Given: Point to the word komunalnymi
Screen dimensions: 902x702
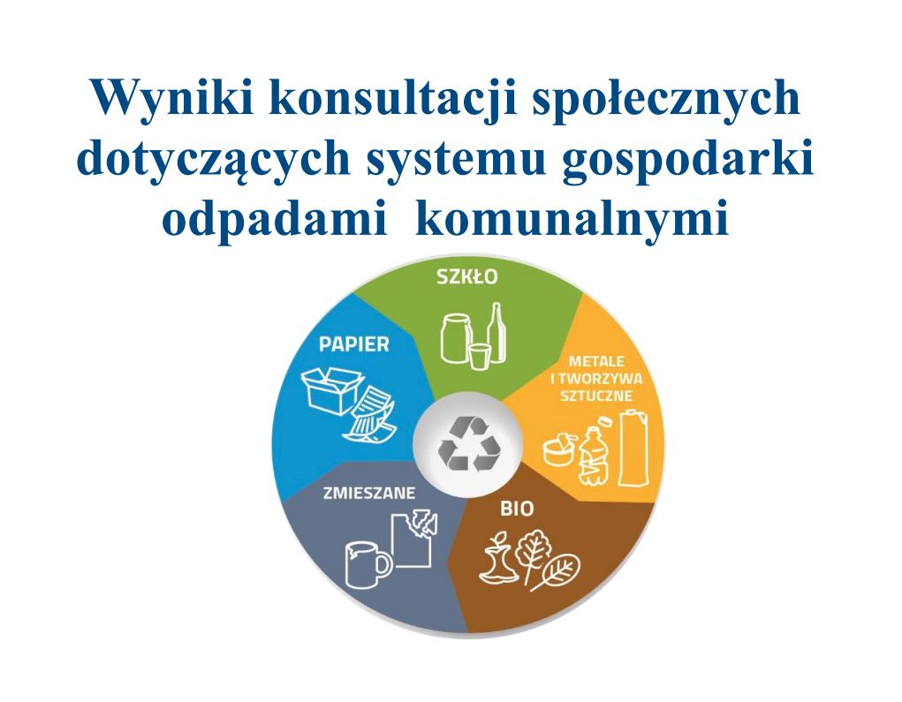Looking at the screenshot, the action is [572, 219].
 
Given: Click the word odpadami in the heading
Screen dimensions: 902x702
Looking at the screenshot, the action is [275, 220].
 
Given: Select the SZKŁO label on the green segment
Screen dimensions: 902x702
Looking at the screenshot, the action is [466, 277].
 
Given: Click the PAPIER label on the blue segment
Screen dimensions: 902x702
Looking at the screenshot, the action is [353, 344].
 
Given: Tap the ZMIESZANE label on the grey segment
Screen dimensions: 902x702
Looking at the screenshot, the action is [368, 494].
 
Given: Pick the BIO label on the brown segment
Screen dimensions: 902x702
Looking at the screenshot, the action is [517, 509].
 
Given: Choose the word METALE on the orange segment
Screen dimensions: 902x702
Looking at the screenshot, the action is [596, 362].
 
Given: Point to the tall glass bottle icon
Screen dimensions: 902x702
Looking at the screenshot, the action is [496, 333].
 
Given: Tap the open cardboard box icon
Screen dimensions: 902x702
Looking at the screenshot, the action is [332, 389].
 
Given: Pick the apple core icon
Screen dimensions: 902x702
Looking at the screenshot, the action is [498, 558].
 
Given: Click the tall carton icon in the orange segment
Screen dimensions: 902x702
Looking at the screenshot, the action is [635, 449].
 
